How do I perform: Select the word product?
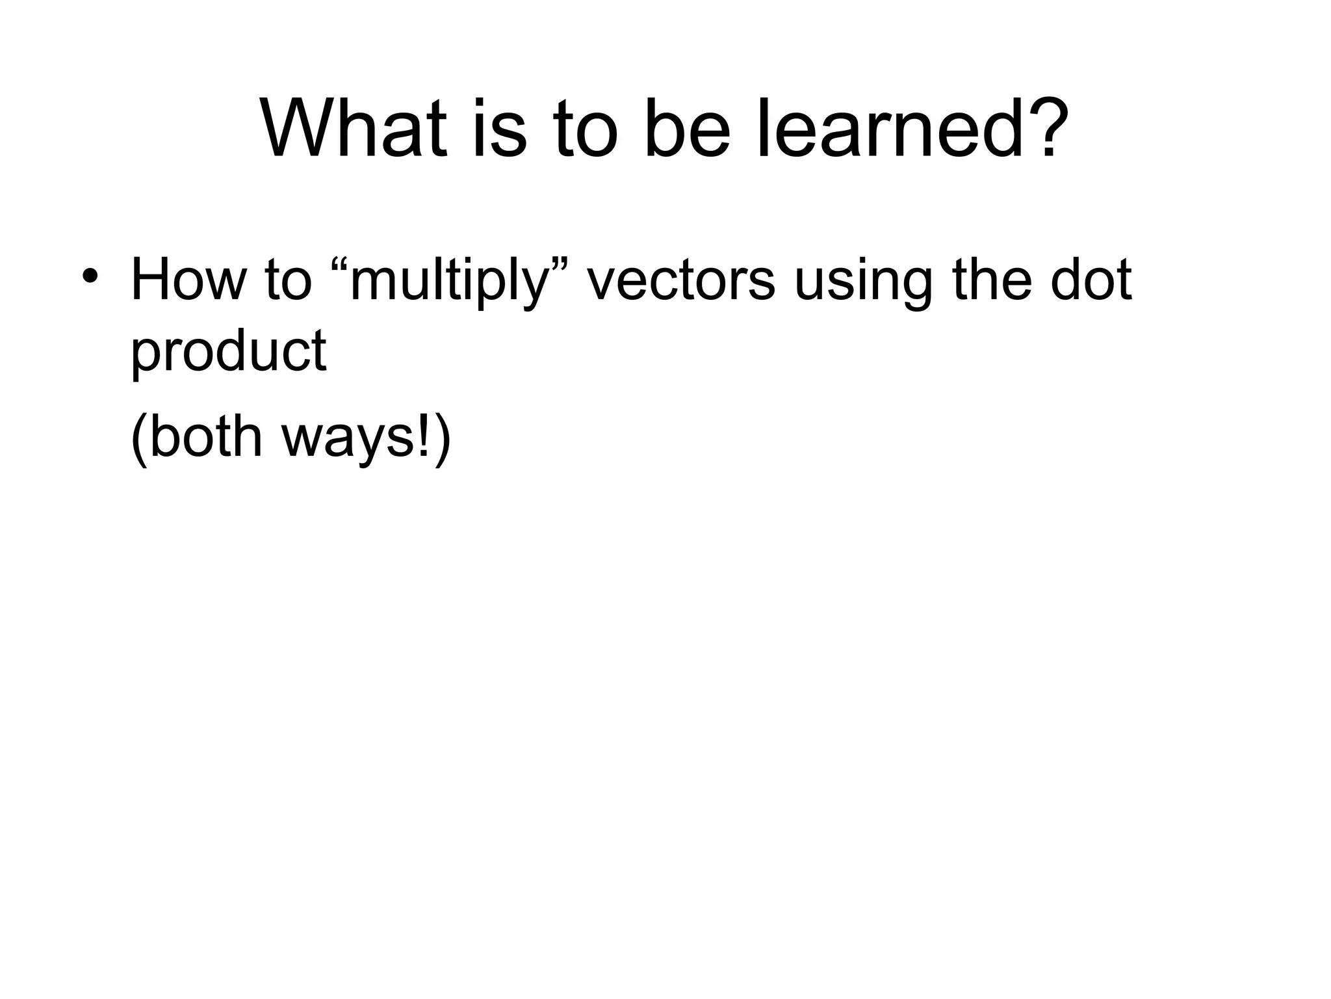pos(228,353)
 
